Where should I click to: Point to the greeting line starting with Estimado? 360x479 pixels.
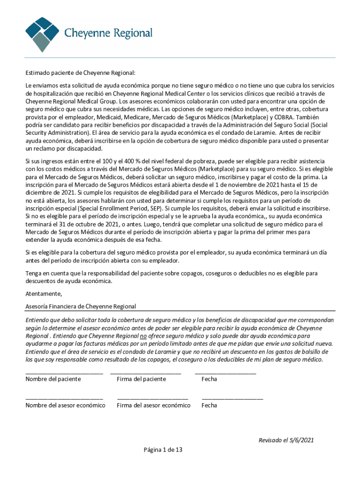80,73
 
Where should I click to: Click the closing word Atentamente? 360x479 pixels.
43,294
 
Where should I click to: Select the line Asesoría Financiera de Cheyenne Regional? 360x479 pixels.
81,306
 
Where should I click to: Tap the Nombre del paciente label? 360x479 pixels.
53,379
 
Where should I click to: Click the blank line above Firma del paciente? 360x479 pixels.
145,373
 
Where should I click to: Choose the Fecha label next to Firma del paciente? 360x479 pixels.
209,379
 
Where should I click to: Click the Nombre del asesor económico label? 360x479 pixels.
65,405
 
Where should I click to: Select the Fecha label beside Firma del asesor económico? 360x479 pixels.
209,405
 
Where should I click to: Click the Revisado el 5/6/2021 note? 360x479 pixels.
286,440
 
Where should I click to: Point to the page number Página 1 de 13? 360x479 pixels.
163,450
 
